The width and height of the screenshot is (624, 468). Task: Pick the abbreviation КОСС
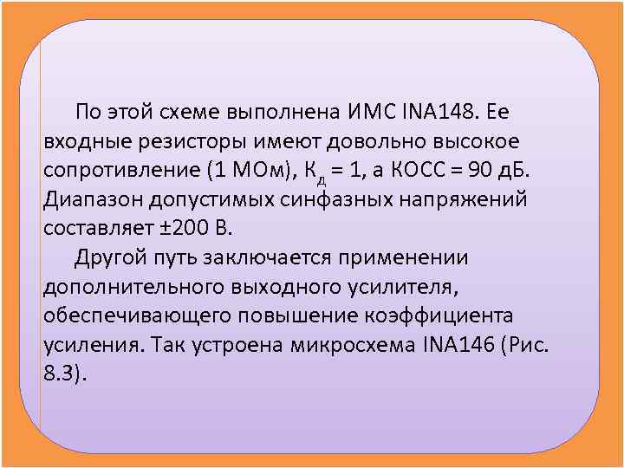[420, 170]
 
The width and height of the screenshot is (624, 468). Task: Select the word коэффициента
[441, 315]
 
